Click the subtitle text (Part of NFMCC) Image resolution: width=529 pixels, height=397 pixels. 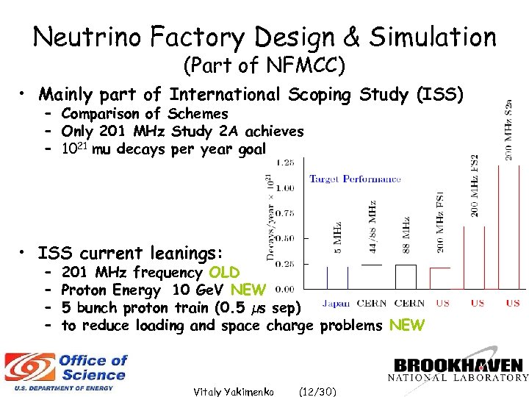tap(264, 65)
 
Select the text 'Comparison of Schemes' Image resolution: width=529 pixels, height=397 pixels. tap(145, 114)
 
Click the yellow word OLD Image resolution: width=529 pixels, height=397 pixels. tap(224, 273)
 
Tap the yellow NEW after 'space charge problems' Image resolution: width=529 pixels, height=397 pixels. tap(406, 325)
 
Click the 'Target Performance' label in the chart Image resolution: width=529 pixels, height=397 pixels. tap(355, 179)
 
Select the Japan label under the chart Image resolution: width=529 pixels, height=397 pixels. tap(335, 303)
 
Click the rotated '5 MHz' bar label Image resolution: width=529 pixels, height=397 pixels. tap(337, 236)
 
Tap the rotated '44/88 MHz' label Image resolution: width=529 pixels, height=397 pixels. tap(373, 227)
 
